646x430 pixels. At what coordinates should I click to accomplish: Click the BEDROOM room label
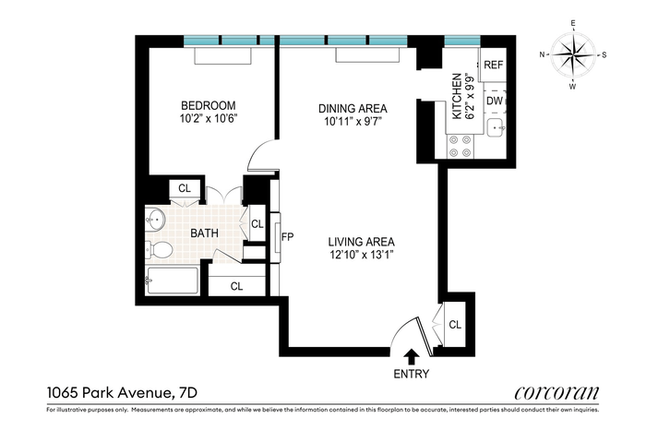(x=209, y=106)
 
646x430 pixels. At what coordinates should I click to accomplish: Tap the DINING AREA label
(x=353, y=109)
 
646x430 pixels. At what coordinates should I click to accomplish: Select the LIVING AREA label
(x=362, y=242)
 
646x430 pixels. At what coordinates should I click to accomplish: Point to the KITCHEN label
(x=457, y=96)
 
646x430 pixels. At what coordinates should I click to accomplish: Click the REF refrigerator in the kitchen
(x=493, y=65)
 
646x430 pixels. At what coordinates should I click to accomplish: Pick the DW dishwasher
(x=495, y=101)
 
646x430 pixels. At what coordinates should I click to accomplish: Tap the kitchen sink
(x=495, y=127)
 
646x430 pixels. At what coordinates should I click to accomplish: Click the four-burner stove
(x=461, y=146)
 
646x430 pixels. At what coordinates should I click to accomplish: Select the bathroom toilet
(x=160, y=249)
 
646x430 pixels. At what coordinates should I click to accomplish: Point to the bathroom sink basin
(x=155, y=219)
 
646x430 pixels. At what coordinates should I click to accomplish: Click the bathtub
(x=173, y=281)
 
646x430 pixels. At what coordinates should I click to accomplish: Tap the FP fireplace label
(x=287, y=237)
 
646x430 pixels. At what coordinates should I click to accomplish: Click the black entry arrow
(x=411, y=357)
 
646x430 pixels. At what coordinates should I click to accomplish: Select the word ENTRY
(x=412, y=374)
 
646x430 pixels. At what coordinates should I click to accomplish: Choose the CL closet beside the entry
(x=455, y=325)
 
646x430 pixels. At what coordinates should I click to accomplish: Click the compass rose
(x=573, y=54)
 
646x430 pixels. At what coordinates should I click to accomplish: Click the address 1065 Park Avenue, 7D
(x=123, y=392)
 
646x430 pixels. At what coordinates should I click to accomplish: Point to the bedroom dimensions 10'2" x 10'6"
(x=209, y=119)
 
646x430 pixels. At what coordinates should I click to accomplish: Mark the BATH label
(x=204, y=233)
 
